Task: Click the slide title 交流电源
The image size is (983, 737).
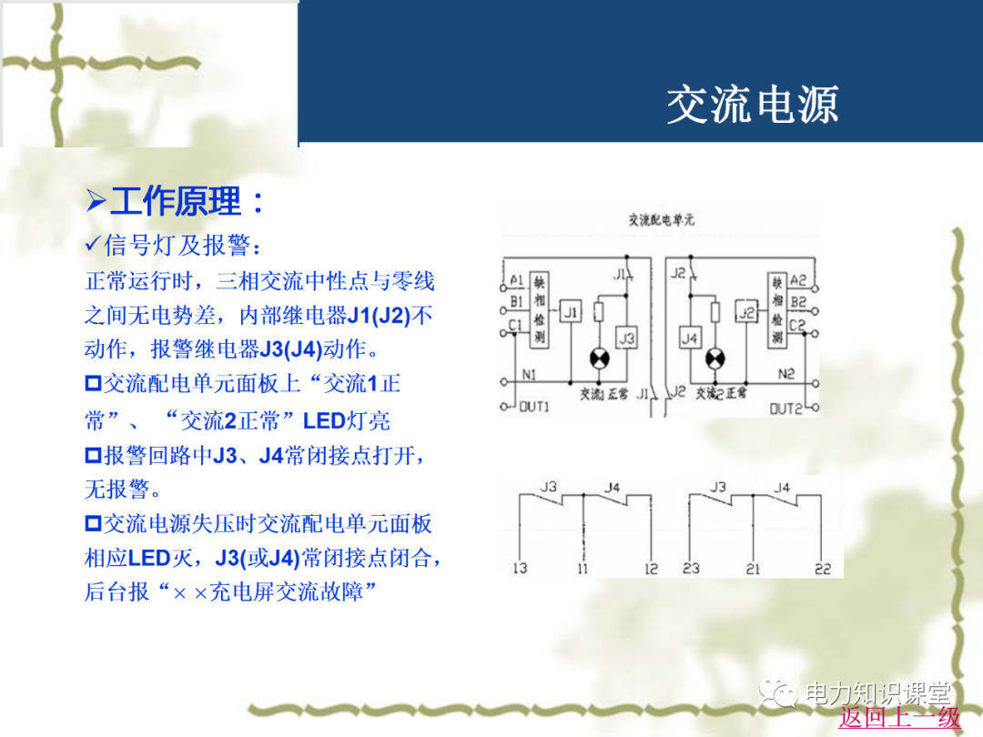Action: pyautogui.click(x=752, y=106)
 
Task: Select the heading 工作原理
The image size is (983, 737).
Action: pyautogui.click(x=187, y=201)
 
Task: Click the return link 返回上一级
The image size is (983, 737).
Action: pyautogui.click(x=899, y=717)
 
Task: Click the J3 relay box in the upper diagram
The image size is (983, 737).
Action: pyautogui.click(x=626, y=338)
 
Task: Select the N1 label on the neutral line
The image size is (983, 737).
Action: pyautogui.click(x=530, y=373)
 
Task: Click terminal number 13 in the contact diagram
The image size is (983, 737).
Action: pyautogui.click(x=520, y=569)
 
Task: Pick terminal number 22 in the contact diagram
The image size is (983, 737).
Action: pyautogui.click(x=823, y=569)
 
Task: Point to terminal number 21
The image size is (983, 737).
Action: pyautogui.click(x=753, y=569)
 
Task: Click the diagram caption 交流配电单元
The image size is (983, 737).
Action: pyautogui.click(x=662, y=220)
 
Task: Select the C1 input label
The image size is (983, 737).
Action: pyautogui.click(x=516, y=324)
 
